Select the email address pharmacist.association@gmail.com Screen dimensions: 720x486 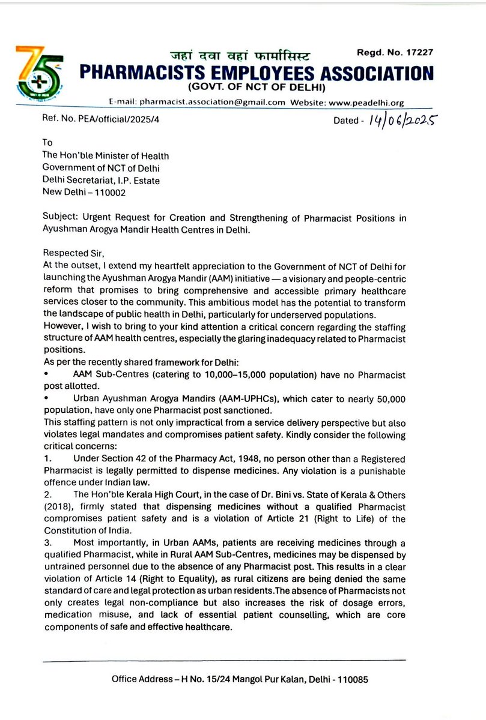(x=212, y=102)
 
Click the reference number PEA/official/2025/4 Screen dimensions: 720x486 (x=120, y=120)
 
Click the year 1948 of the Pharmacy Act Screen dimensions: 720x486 (x=221, y=458)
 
